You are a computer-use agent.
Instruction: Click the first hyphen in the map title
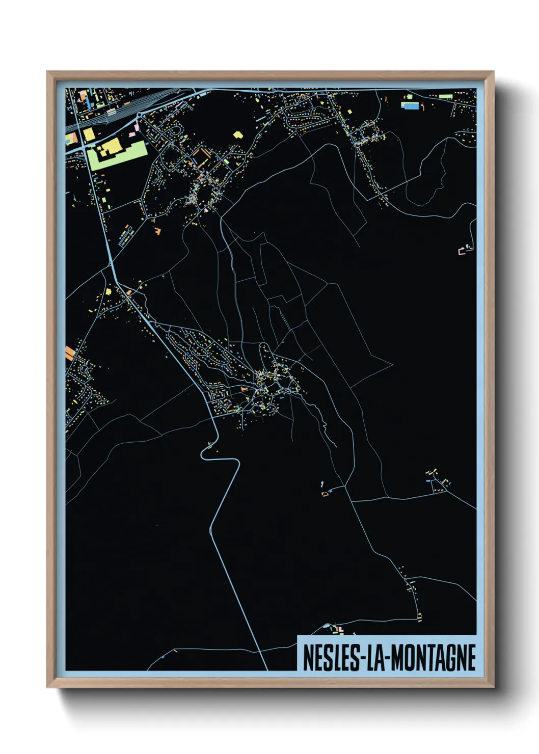click(x=361, y=659)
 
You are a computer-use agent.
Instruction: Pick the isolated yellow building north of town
click(x=237, y=134)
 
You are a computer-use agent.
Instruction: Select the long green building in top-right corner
click(x=445, y=96)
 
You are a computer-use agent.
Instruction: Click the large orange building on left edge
click(x=70, y=353)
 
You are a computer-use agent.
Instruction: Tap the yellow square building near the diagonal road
click(x=108, y=292)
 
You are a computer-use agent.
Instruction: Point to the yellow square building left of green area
click(x=89, y=134)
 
